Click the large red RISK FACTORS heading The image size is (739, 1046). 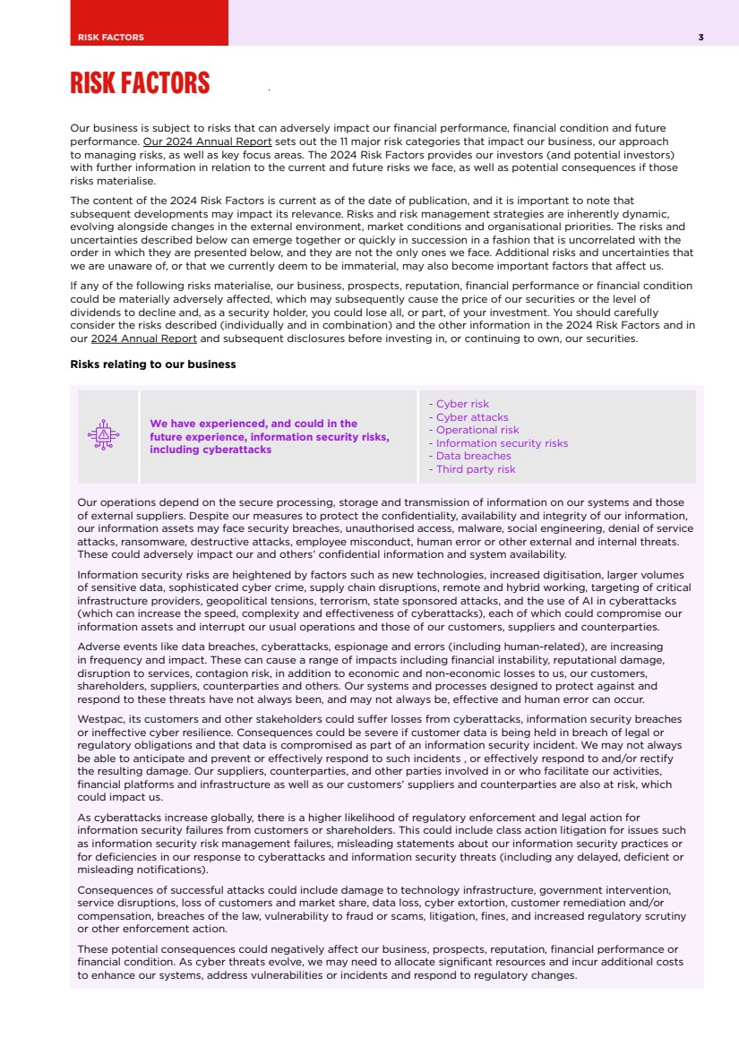pyautogui.click(x=140, y=84)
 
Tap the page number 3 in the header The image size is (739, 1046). pyautogui.click(x=700, y=37)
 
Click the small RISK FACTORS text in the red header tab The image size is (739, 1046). pyautogui.click(x=111, y=37)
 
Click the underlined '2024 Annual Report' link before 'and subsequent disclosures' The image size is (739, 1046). pyautogui.click(x=144, y=339)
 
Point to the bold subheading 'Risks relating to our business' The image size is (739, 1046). pyautogui.click(x=153, y=364)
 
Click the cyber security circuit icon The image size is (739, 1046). pyautogui.click(x=104, y=435)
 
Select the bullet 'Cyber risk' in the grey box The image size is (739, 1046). pyautogui.click(x=461, y=404)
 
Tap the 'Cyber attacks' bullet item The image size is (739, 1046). pyautogui.click(x=471, y=417)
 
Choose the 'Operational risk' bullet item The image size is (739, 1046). pyautogui.click(x=477, y=430)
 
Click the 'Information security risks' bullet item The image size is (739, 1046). pyautogui.click(x=501, y=443)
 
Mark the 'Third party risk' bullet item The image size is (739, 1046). pyautogui.click(x=475, y=469)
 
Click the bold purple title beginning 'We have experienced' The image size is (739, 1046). pyautogui.click(x=269, y=436)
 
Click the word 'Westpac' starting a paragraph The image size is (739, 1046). pyautogui.click(x=100, y=719)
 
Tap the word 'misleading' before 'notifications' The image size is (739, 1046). pyautogui.click(x=105, y=870)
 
